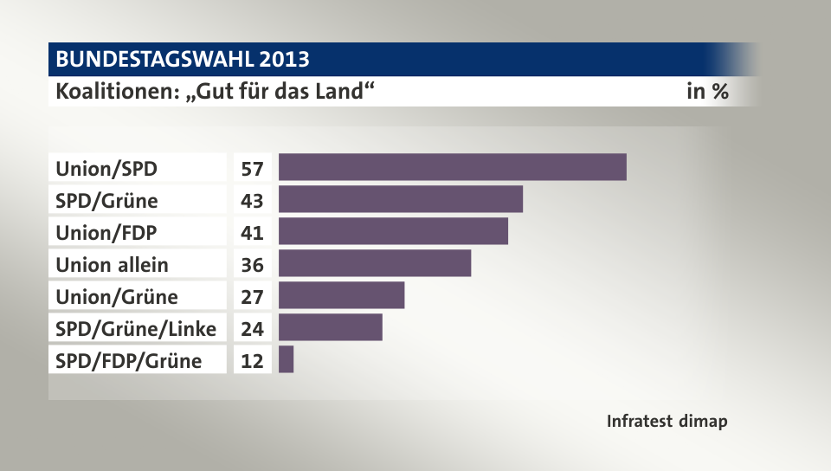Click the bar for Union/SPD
tap(452, 167)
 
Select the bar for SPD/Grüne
tap(401, 199)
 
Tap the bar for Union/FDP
tap(393, 231)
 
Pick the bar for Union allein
tap(375, 263)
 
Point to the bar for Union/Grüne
tap(341, 295)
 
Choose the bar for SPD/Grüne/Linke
tap(330, 327)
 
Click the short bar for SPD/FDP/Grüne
tap(286, 359)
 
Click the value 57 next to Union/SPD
tap(252, 167)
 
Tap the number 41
tap(252, 231)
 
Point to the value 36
tap(252, 263)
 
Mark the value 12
tap(252, 359)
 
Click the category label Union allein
tap(112, 264)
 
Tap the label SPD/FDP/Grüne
tap(128, 360)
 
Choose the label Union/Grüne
tap(116, 296)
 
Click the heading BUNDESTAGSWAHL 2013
tap(182, 59)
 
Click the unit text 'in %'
tap(706, 91)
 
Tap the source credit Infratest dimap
tap(667, 422)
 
